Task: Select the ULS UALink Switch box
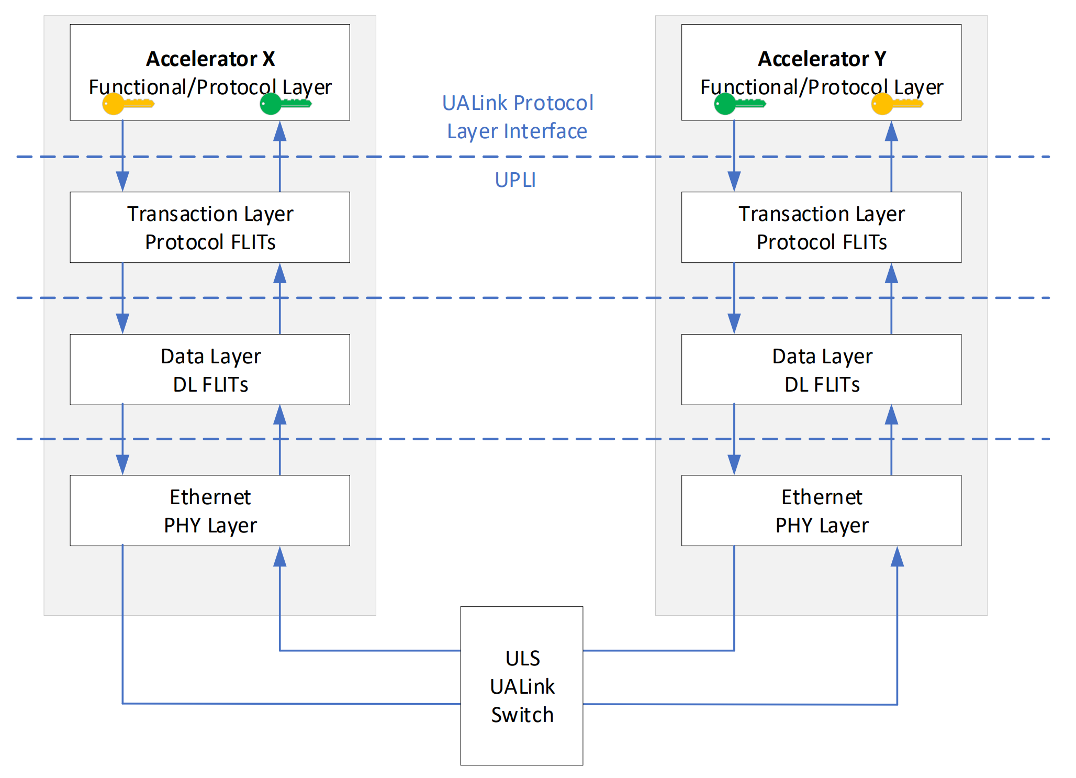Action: click(x=521, y=685)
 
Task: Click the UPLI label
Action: click(x=515, y=180)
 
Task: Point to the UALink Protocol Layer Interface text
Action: click(x=517, y=117)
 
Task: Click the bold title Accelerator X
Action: click(x=210, y=59)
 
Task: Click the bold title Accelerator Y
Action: click(x=822, y=59)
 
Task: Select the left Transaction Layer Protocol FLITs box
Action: click(x=210, y=227)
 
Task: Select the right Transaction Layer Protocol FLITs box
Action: click(x=821, y=227)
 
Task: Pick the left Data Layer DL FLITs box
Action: click(x=210, y=370)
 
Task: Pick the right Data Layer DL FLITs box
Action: click(x=821, y=370)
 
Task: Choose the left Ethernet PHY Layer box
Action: click(x=210, y=510)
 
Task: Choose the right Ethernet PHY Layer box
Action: click(x=821, y=510)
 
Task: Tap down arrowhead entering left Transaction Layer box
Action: click(x=122, y=181)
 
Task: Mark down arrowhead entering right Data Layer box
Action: click(x=734, y=324)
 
